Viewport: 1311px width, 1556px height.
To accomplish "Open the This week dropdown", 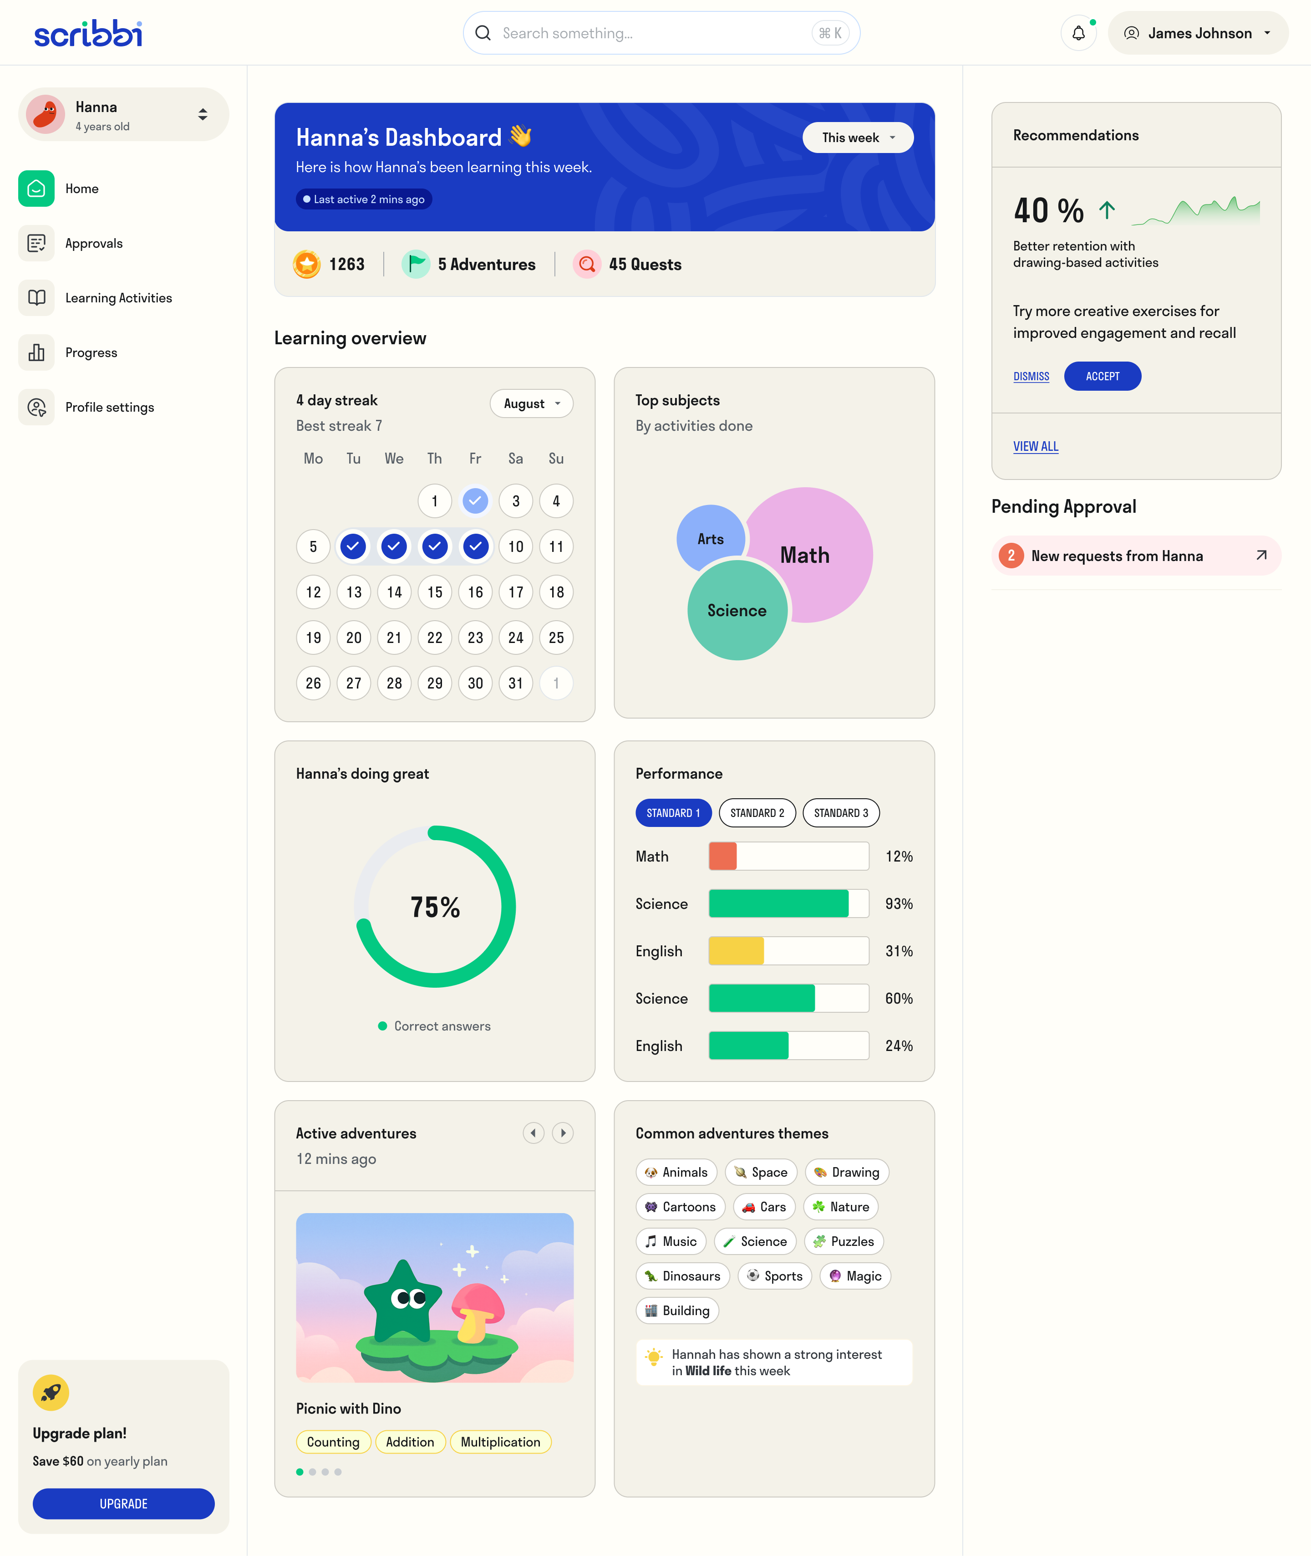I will tap(858, 138).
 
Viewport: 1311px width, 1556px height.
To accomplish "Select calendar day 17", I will tap(516, 592).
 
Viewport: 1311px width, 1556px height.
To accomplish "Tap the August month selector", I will tap(531, 403).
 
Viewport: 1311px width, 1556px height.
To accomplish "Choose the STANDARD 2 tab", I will tap(757, 812).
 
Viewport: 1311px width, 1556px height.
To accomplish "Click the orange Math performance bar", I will tap(722, 857).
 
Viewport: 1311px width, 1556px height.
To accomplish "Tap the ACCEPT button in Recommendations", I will tap(1102, 376).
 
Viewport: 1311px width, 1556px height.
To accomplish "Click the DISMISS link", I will tap(1031, 377).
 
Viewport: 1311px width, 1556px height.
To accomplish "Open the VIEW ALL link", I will tap(1035, 446).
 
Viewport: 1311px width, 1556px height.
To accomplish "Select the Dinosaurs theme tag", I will tap(683, 1276).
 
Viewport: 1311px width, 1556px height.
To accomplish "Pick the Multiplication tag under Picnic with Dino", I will tap(500, 1442).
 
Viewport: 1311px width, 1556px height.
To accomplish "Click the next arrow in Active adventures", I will tap(563, 1133).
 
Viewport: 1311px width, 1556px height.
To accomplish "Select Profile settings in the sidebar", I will tap(109, 408).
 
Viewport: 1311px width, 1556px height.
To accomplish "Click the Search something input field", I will tap(654, 33).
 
